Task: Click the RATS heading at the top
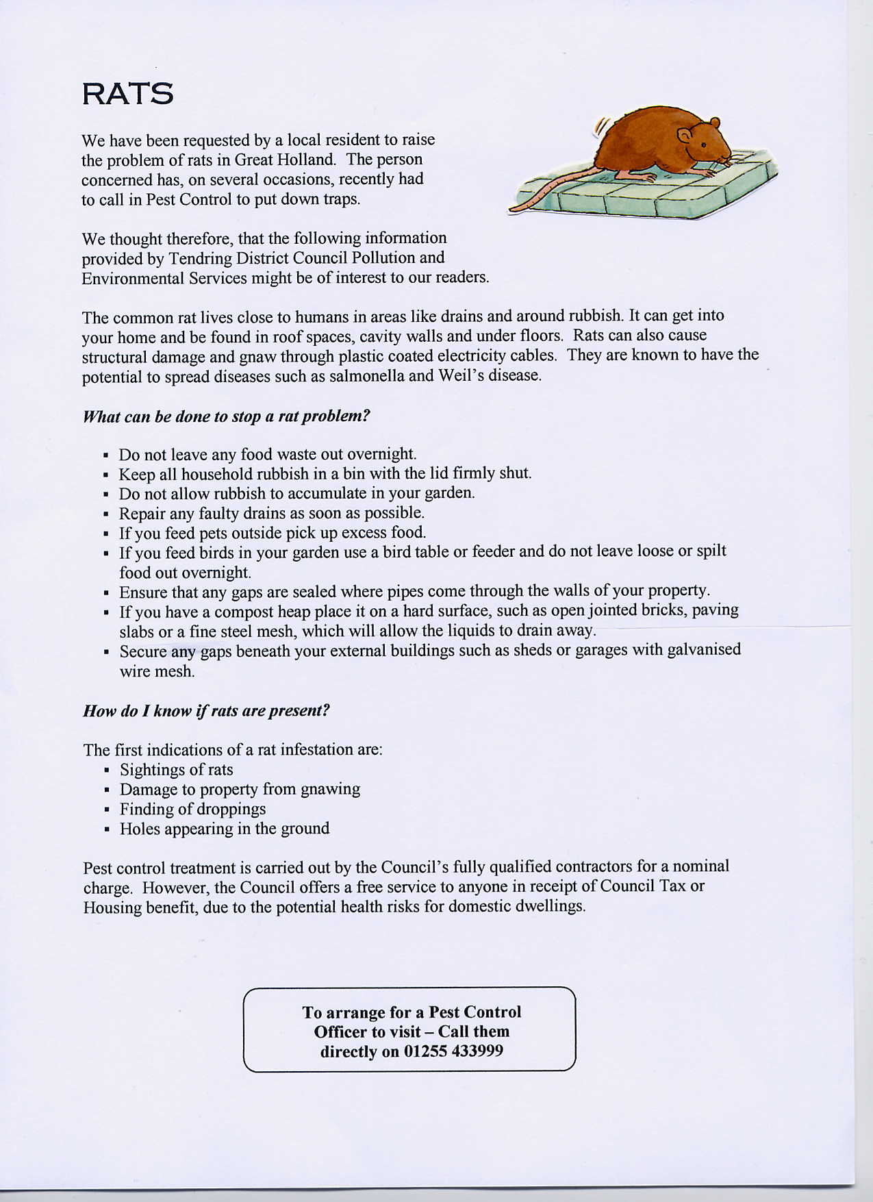[x=127, y=94]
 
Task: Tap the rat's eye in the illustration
[x=703, y=145]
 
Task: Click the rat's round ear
[x=685, y=136]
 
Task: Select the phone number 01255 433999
[x=453, y=1051]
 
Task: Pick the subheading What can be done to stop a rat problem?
[x=226, y=416]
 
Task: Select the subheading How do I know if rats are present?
[x=206, y=710]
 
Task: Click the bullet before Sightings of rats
[x=107, y=771]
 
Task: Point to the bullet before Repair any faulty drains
[x=106, y=514]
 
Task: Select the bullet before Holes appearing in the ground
[x=107, y=830]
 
